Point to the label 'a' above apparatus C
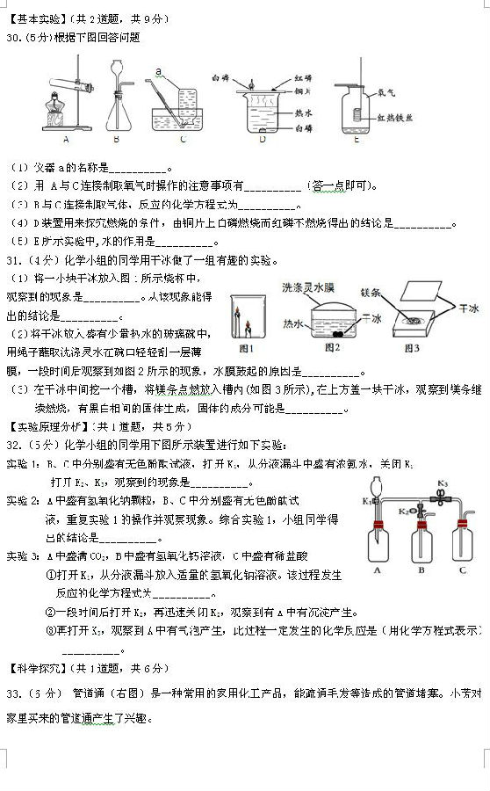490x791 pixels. pos(158,70)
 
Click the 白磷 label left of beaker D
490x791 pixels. pos(220,79)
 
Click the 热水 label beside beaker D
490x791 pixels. pos(304,112)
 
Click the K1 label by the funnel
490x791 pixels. pos(366,502)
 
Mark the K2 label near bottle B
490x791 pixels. pos(404,511)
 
